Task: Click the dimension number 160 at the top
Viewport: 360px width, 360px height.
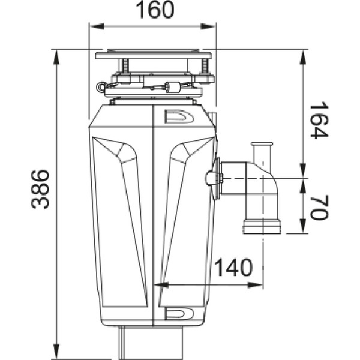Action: pyautogui.click(x=152, y=10)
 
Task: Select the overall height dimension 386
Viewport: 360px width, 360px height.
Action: pyautogui.click(x=40, y=190)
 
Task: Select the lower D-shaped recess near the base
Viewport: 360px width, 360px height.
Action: pyautogui.click(x=178, y=313)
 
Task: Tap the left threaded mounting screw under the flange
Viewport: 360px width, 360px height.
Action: pyautogui.click(x=127, y=65)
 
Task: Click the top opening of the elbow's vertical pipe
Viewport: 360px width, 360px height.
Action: pyautogui.click(x=262, y=145)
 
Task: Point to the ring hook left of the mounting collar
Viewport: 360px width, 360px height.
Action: pyautogui.click(x=99, y=88)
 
